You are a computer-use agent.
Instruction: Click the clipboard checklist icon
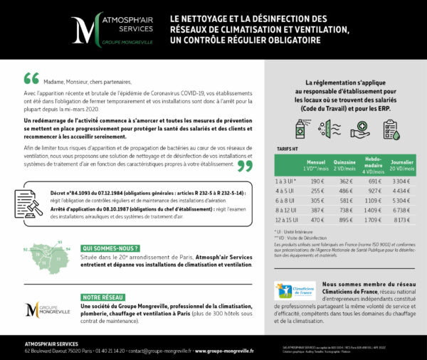(x=390, y=129)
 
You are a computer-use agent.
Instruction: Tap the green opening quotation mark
(x=31, y=78)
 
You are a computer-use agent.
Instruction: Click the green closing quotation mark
(x=244, y=166)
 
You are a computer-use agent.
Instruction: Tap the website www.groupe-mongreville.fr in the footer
(x=224, y=350)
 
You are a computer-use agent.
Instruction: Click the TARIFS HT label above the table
(x=286, y=150)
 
